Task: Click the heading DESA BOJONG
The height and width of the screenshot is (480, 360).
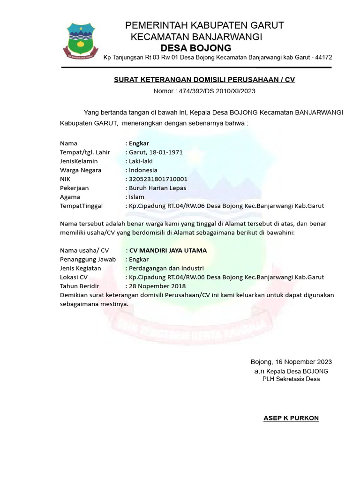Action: coord(196,48)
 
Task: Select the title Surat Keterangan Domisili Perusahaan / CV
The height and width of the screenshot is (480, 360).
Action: coord(204,80)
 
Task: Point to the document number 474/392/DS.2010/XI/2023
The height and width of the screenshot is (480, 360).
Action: coord(216,91)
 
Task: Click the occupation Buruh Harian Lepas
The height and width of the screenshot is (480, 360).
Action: coord(157,188)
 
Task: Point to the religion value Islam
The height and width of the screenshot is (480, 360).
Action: coord(137,197)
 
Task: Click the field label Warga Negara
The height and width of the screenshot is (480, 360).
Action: coord(81,170)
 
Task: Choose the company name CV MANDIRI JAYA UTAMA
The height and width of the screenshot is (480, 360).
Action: coord(168,250)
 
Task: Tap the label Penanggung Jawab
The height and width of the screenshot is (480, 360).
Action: coord(88,259)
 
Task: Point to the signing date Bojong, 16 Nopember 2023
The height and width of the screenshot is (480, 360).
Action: coord(291,362)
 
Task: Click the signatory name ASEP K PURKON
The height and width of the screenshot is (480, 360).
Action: coord(291,418)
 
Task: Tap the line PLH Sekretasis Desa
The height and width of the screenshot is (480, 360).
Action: coord(291,379)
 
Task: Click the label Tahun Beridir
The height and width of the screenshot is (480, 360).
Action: coord(80,286)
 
